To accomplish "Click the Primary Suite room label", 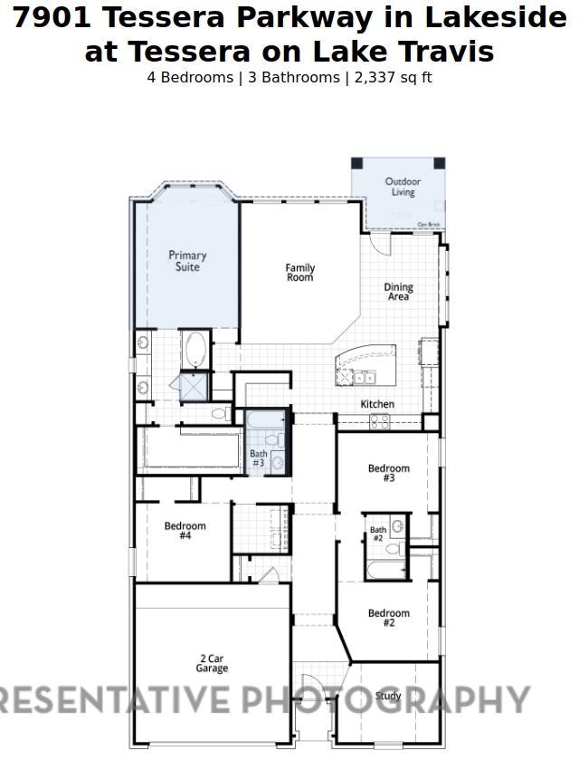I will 187,262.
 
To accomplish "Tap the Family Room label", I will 300,273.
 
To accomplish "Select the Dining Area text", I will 398,292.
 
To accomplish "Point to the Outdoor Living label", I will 403,187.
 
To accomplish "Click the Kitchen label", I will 377,404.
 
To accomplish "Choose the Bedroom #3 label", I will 388,473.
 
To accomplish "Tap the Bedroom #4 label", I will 185,531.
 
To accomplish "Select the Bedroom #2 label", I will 388,618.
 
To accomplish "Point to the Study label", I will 388,696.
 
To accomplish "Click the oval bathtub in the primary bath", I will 195,350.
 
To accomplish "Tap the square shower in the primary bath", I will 195,387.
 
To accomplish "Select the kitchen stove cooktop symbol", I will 379,420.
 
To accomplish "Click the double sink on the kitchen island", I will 365,378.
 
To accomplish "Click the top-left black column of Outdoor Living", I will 356,163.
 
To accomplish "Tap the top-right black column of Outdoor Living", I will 440,163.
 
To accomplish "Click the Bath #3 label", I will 259,458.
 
